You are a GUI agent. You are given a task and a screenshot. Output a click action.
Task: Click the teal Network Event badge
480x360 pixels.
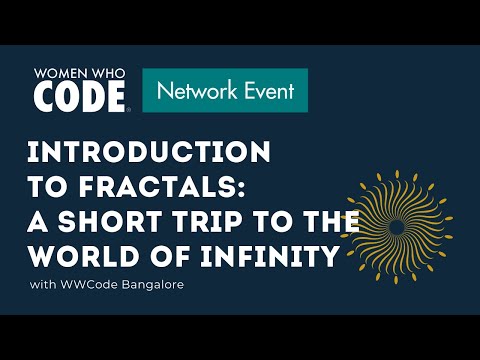[x=224, y=91]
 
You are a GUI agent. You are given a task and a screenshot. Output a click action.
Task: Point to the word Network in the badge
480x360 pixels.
[x=196, y=91]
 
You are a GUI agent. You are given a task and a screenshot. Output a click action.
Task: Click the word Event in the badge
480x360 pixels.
[x=265, y=91]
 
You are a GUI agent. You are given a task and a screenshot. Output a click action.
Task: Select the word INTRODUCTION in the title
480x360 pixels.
[x=148, y=153]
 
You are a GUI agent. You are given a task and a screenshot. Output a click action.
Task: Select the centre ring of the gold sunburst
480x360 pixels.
[x=396, y=227]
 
